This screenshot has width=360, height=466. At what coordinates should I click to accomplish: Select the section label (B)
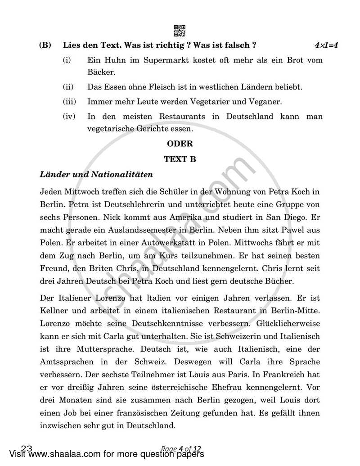45,45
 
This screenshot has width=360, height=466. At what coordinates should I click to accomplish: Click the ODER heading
180,144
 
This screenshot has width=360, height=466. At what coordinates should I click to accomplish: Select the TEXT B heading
180,159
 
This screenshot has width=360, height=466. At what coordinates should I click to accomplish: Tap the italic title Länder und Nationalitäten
96,174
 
